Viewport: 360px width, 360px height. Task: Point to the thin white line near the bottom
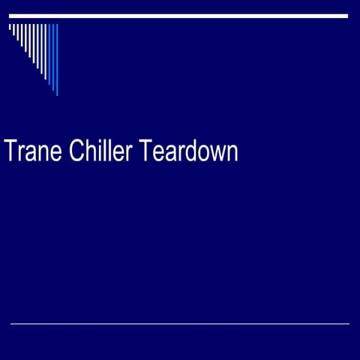click(180, 324)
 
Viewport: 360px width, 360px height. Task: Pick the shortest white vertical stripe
click(10, 28)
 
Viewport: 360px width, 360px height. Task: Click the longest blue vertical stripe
click(57, 59)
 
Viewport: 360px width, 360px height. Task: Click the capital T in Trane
click(10, 151)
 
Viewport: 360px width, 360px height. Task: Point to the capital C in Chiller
click(76, 151)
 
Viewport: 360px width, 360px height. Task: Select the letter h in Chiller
click(89, 151)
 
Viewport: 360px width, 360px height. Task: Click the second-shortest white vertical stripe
click(13, 30)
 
